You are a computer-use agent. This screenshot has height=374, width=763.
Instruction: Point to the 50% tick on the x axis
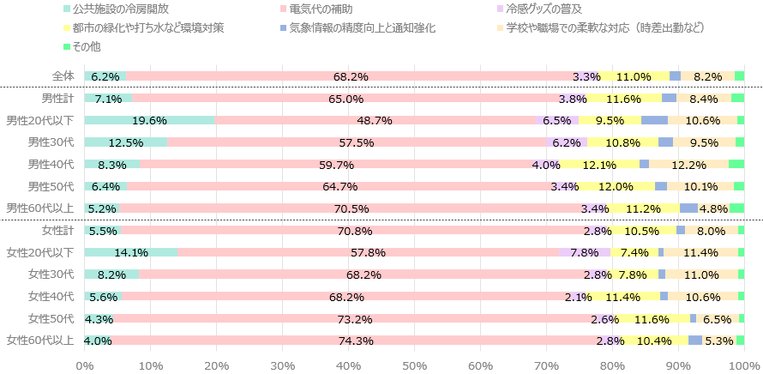(414, 366)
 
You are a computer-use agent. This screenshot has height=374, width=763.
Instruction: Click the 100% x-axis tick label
(742, 366)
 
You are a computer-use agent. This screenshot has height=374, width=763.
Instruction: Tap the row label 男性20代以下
(39, 120)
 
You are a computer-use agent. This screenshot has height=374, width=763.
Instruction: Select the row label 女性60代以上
(39, 340)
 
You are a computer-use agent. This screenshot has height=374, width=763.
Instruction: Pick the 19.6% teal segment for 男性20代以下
(149, 120)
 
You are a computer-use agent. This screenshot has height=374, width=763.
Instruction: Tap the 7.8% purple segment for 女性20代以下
(584, 252)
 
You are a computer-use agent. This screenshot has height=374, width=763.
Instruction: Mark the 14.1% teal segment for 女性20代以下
(131, 252)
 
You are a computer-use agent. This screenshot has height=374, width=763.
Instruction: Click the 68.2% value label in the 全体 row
(351, 76)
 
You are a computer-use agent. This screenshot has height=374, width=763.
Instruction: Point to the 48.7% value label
(375, 120)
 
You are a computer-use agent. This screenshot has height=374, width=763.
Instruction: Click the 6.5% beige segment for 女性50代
(718, 318)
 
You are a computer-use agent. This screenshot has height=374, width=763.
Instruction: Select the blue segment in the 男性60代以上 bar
(688, 208)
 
